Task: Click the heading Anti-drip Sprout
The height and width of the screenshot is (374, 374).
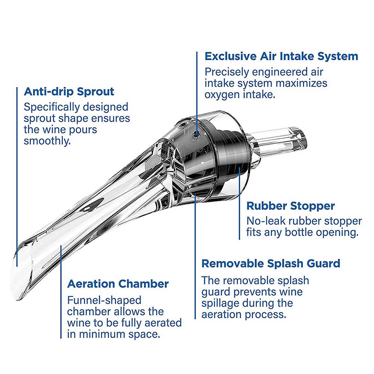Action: [69, 92]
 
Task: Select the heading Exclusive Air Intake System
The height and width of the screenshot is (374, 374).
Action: [282, 56]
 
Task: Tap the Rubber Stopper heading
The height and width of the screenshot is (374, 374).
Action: [291, 206]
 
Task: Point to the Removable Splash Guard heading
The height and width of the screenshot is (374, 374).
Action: [271, 264]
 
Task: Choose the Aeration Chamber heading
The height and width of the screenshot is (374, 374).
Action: [118, 284]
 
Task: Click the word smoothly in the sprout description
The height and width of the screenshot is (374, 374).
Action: [47, 141]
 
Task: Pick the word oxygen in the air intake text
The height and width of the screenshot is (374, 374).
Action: [222, 95]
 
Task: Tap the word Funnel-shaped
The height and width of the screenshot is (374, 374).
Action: [104, 300]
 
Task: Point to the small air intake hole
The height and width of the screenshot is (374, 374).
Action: [196, 134]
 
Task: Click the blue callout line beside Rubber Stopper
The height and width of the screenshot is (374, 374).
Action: [239, 203]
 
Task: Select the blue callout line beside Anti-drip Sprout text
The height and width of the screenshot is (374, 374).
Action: [17, 177]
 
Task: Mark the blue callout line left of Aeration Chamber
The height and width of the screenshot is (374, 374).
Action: [61, 292]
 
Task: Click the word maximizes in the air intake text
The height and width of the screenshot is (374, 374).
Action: [301, 83]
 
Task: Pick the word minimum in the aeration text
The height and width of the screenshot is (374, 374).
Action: [103, 334]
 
